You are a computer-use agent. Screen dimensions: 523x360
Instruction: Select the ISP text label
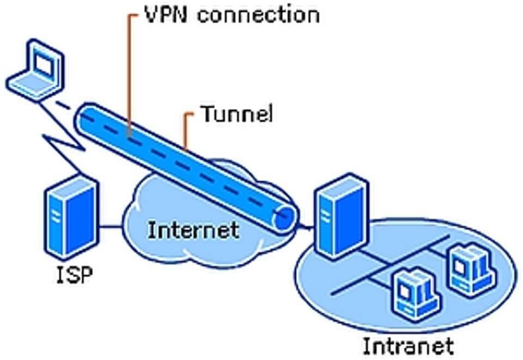click(75, 275)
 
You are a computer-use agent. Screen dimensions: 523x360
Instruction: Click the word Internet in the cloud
click(193, 230)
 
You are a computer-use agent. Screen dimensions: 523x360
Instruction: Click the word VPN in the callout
click(166, 15)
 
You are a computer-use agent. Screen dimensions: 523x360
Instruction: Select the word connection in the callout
click(258, 15)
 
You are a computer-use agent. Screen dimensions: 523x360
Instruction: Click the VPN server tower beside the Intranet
click(343, 216)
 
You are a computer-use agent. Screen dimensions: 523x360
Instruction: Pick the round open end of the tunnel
click(284, 218)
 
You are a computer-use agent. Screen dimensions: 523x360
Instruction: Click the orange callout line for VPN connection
click(128, 74)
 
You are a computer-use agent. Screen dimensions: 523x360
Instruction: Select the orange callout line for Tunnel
click(187, 130)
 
